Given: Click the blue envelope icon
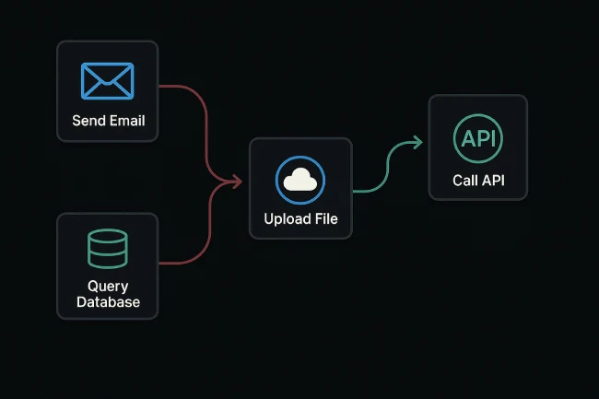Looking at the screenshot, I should [108, 81].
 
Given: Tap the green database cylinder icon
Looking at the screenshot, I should [108, 249].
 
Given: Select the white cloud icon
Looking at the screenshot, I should [300, 180].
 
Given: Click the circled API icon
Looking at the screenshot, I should [478, 139].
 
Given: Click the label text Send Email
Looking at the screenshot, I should [108, 121].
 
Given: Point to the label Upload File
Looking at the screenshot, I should [300, 219].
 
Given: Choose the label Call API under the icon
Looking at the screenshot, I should [478, 180].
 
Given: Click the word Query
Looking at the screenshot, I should [108, 287].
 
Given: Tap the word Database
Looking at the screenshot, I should [108, 302].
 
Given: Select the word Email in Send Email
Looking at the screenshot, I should [127, 121].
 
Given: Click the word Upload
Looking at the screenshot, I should [286, 219].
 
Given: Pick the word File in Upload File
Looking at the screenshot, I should [325, 219].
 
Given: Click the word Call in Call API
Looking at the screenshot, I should [464, 180].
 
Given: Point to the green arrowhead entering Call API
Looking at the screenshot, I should [417, 142].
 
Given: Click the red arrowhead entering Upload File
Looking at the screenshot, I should [237, 182].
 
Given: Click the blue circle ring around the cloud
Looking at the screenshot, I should [278, 180].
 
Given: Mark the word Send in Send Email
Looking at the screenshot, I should [88, 121].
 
